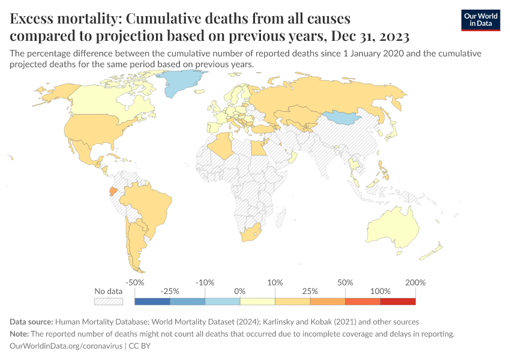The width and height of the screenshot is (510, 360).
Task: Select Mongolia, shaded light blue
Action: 344,116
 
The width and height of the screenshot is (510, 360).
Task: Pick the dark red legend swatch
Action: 398,301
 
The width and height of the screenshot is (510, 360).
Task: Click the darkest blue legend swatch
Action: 152,301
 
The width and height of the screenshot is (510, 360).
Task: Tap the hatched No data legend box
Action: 108,301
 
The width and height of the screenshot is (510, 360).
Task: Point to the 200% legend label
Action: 415,282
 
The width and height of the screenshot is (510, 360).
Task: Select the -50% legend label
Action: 135,282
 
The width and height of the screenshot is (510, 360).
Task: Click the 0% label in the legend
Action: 240,291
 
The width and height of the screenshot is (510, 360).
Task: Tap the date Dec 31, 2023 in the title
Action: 368,36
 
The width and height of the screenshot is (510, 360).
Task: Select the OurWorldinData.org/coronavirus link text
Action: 65,346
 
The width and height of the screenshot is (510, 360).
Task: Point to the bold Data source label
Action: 34,322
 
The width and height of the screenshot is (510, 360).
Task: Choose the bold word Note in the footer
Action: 20,334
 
